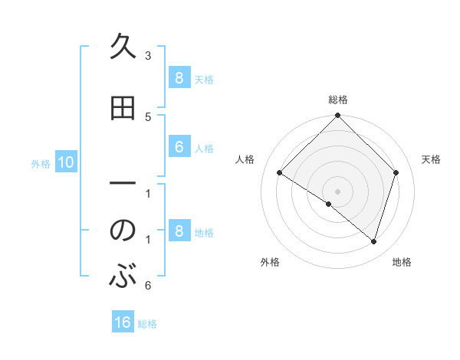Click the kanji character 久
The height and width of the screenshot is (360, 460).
click(x=123, y=47)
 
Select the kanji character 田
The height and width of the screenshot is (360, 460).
click(x=123, y=109)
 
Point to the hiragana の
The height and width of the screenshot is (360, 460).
click(x=123, y=231)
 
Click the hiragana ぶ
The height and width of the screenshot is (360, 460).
click(x=123, y=276)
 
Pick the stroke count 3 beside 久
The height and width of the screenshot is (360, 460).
click(x=148, y=56)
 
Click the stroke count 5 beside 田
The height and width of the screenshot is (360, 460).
click(x=148, y=116)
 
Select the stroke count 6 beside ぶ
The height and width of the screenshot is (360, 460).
click(x=148, y=286)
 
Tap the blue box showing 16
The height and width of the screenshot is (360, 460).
click(x=123, y=322)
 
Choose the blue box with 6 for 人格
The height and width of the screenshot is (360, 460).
click(x=179, y=147)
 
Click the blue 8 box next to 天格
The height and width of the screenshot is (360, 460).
click(x=179, y=77)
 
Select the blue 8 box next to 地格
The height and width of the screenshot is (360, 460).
click(x=179, y=231)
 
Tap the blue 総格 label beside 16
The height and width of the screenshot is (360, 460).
click(x=147, y=324)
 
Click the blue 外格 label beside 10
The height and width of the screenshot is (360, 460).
click(x=41, y=163)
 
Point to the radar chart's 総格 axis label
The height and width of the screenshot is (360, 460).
click(x=337, y=100)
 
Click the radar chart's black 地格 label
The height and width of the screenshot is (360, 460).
click(x=402, y=262)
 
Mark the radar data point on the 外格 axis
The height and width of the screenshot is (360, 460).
click(x=329, y=204)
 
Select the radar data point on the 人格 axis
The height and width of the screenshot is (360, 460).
click(x=280, y=173)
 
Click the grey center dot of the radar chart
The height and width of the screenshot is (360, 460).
click(x=337, y=191)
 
